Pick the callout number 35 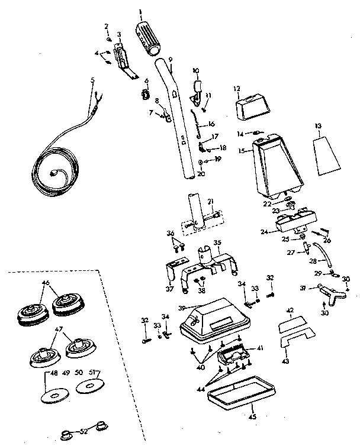point(217,243)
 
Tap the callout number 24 point(265,232)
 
